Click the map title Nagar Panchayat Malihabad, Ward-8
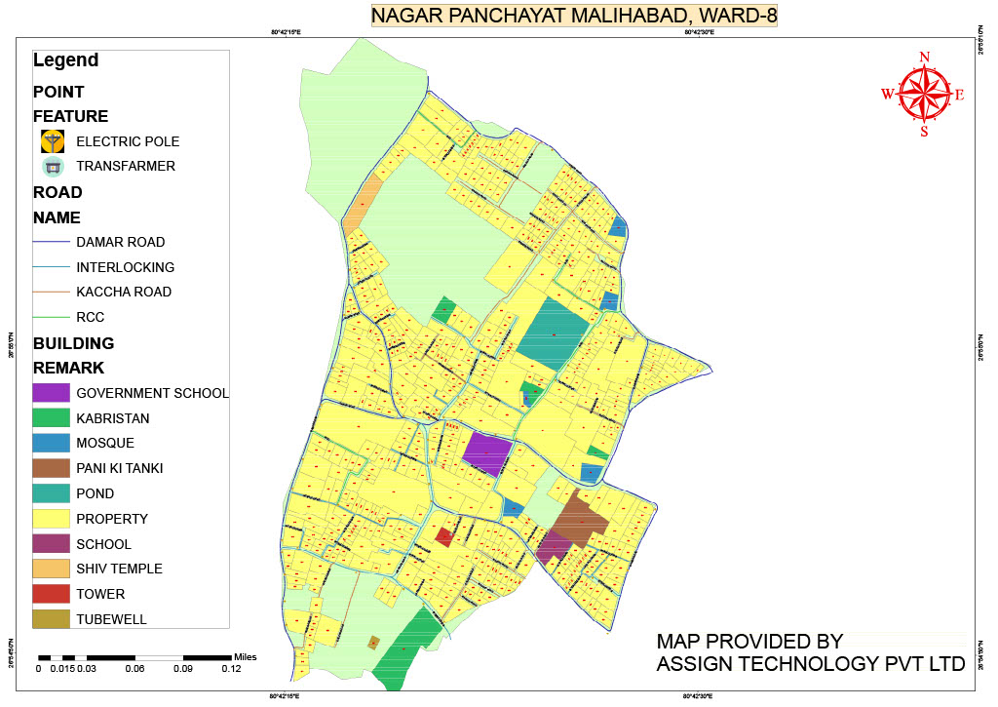click(573, 16)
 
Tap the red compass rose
click(924, 94)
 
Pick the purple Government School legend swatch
click(51, 393)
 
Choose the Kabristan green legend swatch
click(51, 418)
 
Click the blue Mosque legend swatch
click(51, 443)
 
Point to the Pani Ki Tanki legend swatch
click(51, 468)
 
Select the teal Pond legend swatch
click(51, 493)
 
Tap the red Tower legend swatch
click(51, 594)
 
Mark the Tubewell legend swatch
click(51, 618)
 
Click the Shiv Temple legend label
click(119, 569)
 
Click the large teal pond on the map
click(553, 333)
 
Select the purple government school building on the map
click(486, 453)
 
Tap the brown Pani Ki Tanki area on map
click(582, 516)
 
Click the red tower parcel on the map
click(444, 535)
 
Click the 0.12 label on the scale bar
click(231, 669)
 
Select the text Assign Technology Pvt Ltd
click(810, 664)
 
